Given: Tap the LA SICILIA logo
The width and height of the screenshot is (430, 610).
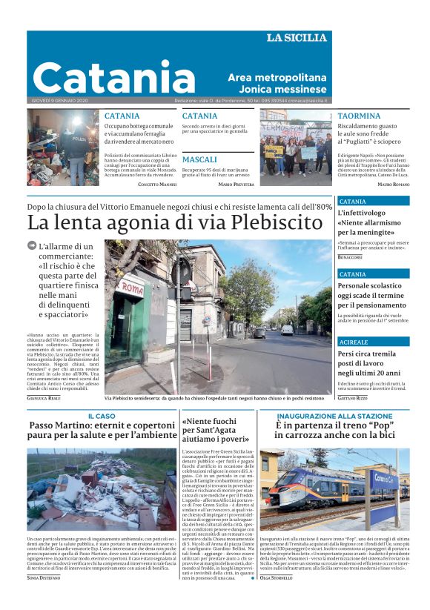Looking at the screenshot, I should tap(296, 38).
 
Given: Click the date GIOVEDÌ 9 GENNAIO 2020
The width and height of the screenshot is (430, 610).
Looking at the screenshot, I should tap(61, 100).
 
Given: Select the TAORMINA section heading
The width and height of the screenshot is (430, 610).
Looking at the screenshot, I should tap(359, 116).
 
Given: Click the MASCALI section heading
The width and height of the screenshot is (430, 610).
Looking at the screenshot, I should tap(199, 159).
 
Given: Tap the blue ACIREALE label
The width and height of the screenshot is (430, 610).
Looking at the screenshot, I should tap(354, 342).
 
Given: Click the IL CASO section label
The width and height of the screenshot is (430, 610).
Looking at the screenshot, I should tap(102, 417).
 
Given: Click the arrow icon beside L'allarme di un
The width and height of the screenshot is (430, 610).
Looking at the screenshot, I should tap(32, 245).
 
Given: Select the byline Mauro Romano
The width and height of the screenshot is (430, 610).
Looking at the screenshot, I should tap(393, 185).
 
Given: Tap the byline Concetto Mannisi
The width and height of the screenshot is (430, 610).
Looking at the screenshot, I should tap(157, 185).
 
